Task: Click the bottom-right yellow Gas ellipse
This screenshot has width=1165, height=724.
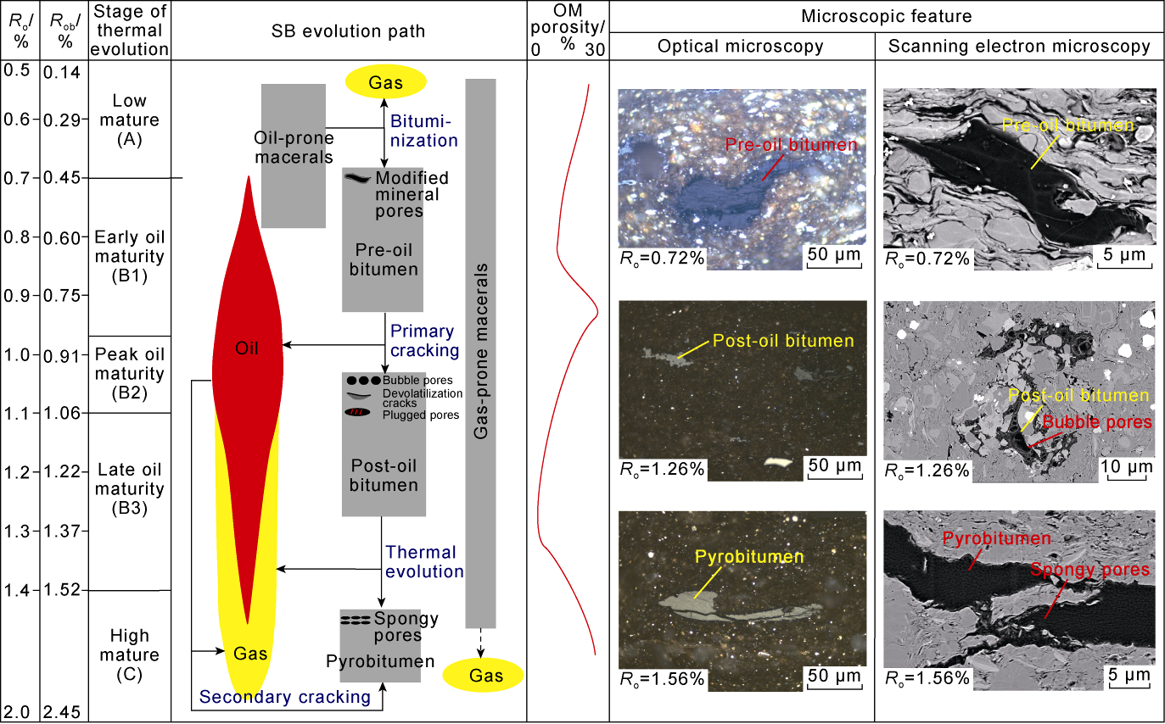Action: (x=484, y=675)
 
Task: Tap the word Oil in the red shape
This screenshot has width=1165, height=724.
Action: (x=247, y=348)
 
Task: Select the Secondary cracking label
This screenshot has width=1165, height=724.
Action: (x=285, y=697)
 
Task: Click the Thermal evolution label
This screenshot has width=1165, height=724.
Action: (x=424, y=561)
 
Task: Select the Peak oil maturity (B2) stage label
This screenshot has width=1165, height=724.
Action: (x=130, y=374)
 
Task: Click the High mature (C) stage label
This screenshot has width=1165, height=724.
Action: (x=130, y=654)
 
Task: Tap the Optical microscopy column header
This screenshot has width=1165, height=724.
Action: (x=741, y=47)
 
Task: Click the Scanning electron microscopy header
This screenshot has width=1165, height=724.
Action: (x=1019, y=47)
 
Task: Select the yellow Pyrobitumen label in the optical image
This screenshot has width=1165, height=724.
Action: (x=748, y=557)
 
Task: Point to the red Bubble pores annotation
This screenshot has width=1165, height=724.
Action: (x=1097, y=422)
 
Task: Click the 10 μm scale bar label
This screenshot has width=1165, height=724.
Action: (x=1128, y=466)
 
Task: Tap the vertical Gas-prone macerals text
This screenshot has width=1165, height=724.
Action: (x=481, y=349)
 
